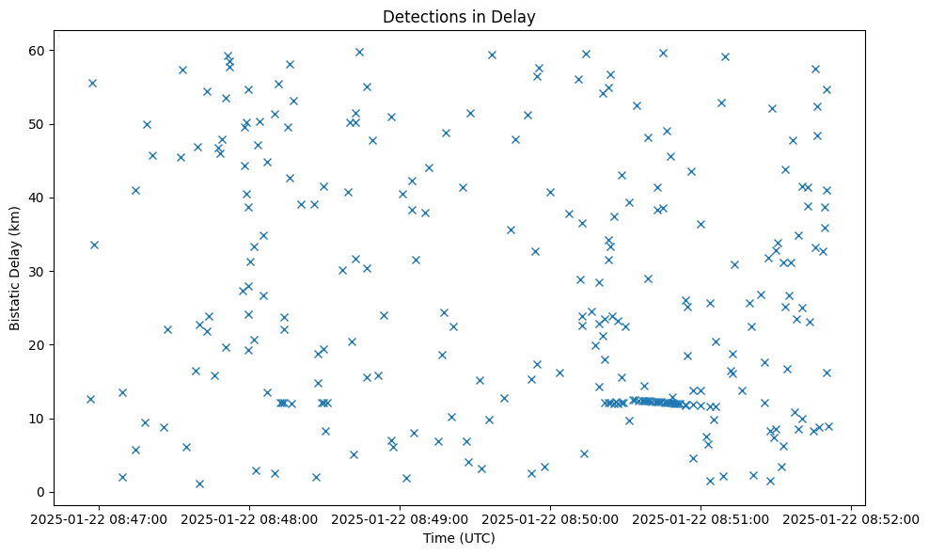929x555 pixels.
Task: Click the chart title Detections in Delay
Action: pos(459,16)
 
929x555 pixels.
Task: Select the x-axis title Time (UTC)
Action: pos(459,538)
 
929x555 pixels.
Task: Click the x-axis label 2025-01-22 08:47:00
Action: pos(100,518)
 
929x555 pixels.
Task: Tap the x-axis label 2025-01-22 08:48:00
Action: pos(250,518)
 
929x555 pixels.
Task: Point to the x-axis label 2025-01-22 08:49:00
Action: pos(401,518)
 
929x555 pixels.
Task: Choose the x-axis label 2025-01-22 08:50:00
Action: pos(551,518)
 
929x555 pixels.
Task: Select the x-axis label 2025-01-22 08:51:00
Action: pos(701,518)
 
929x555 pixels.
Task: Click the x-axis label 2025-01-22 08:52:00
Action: pos(851,518)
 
